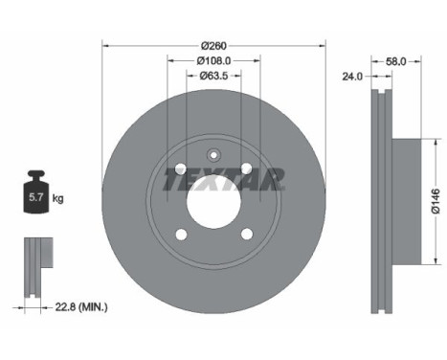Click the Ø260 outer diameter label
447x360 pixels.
(x=213, y=46)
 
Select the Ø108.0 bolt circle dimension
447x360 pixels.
(x=213, y=60)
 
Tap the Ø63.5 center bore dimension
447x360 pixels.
(x=213, y=76)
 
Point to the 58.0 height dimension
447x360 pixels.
(x=396, y=61)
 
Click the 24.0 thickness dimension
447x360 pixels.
(x=352, y=77)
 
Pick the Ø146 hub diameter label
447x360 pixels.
(x=436, y=201)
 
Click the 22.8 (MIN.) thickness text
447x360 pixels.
(x=81, y=307)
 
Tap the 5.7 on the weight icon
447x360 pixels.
(x=35, y=197)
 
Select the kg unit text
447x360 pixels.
(x=57, y=198)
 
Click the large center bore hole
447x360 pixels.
(x=213, y=202)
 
